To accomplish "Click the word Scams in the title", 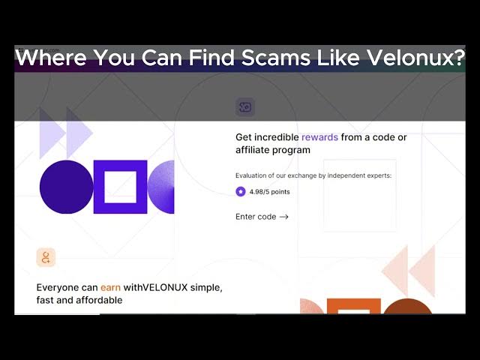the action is pos(276,57).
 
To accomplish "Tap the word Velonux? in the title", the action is pos(416,57).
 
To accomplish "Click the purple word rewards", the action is pos(320,137).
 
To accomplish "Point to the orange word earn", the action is pos(110,288).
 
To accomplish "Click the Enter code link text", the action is pos(256,217).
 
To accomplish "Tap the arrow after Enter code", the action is pos(284,217).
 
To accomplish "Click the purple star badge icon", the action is pos(241,192).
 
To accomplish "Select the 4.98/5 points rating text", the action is pos(270,192).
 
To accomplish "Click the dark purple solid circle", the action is pos(67,187).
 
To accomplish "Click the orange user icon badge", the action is pos(46,257).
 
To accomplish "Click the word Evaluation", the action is pos(250,175).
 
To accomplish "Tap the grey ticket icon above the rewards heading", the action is pos(245,106).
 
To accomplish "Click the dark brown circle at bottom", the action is pos(407,307).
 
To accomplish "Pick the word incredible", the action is pos(277,137).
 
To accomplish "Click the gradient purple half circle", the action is pos(161,187).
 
